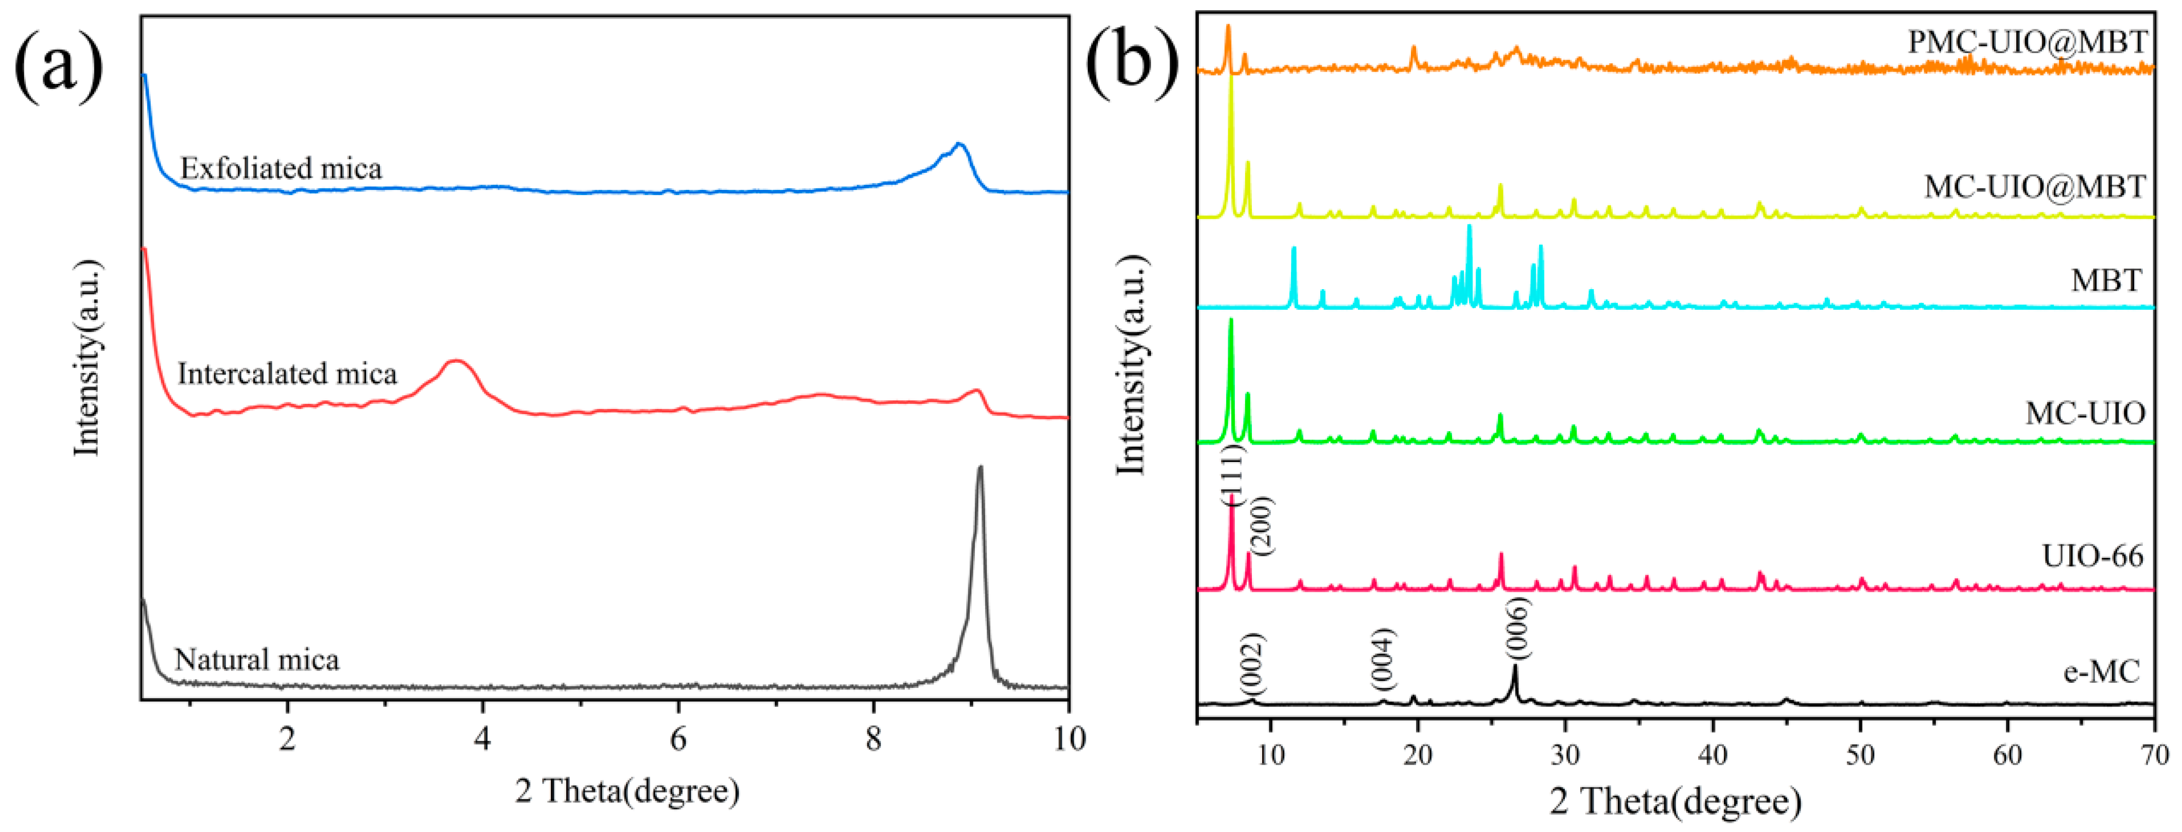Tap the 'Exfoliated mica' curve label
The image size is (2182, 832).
(281, 168)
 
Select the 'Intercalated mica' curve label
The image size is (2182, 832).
(287, 373)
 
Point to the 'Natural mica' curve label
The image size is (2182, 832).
(257, 659)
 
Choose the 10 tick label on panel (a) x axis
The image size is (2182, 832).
(1069, 739)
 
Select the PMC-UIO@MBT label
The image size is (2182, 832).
(2027, 42)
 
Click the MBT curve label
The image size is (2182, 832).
(2106, 280)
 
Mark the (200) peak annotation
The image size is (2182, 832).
(1261, 526)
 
